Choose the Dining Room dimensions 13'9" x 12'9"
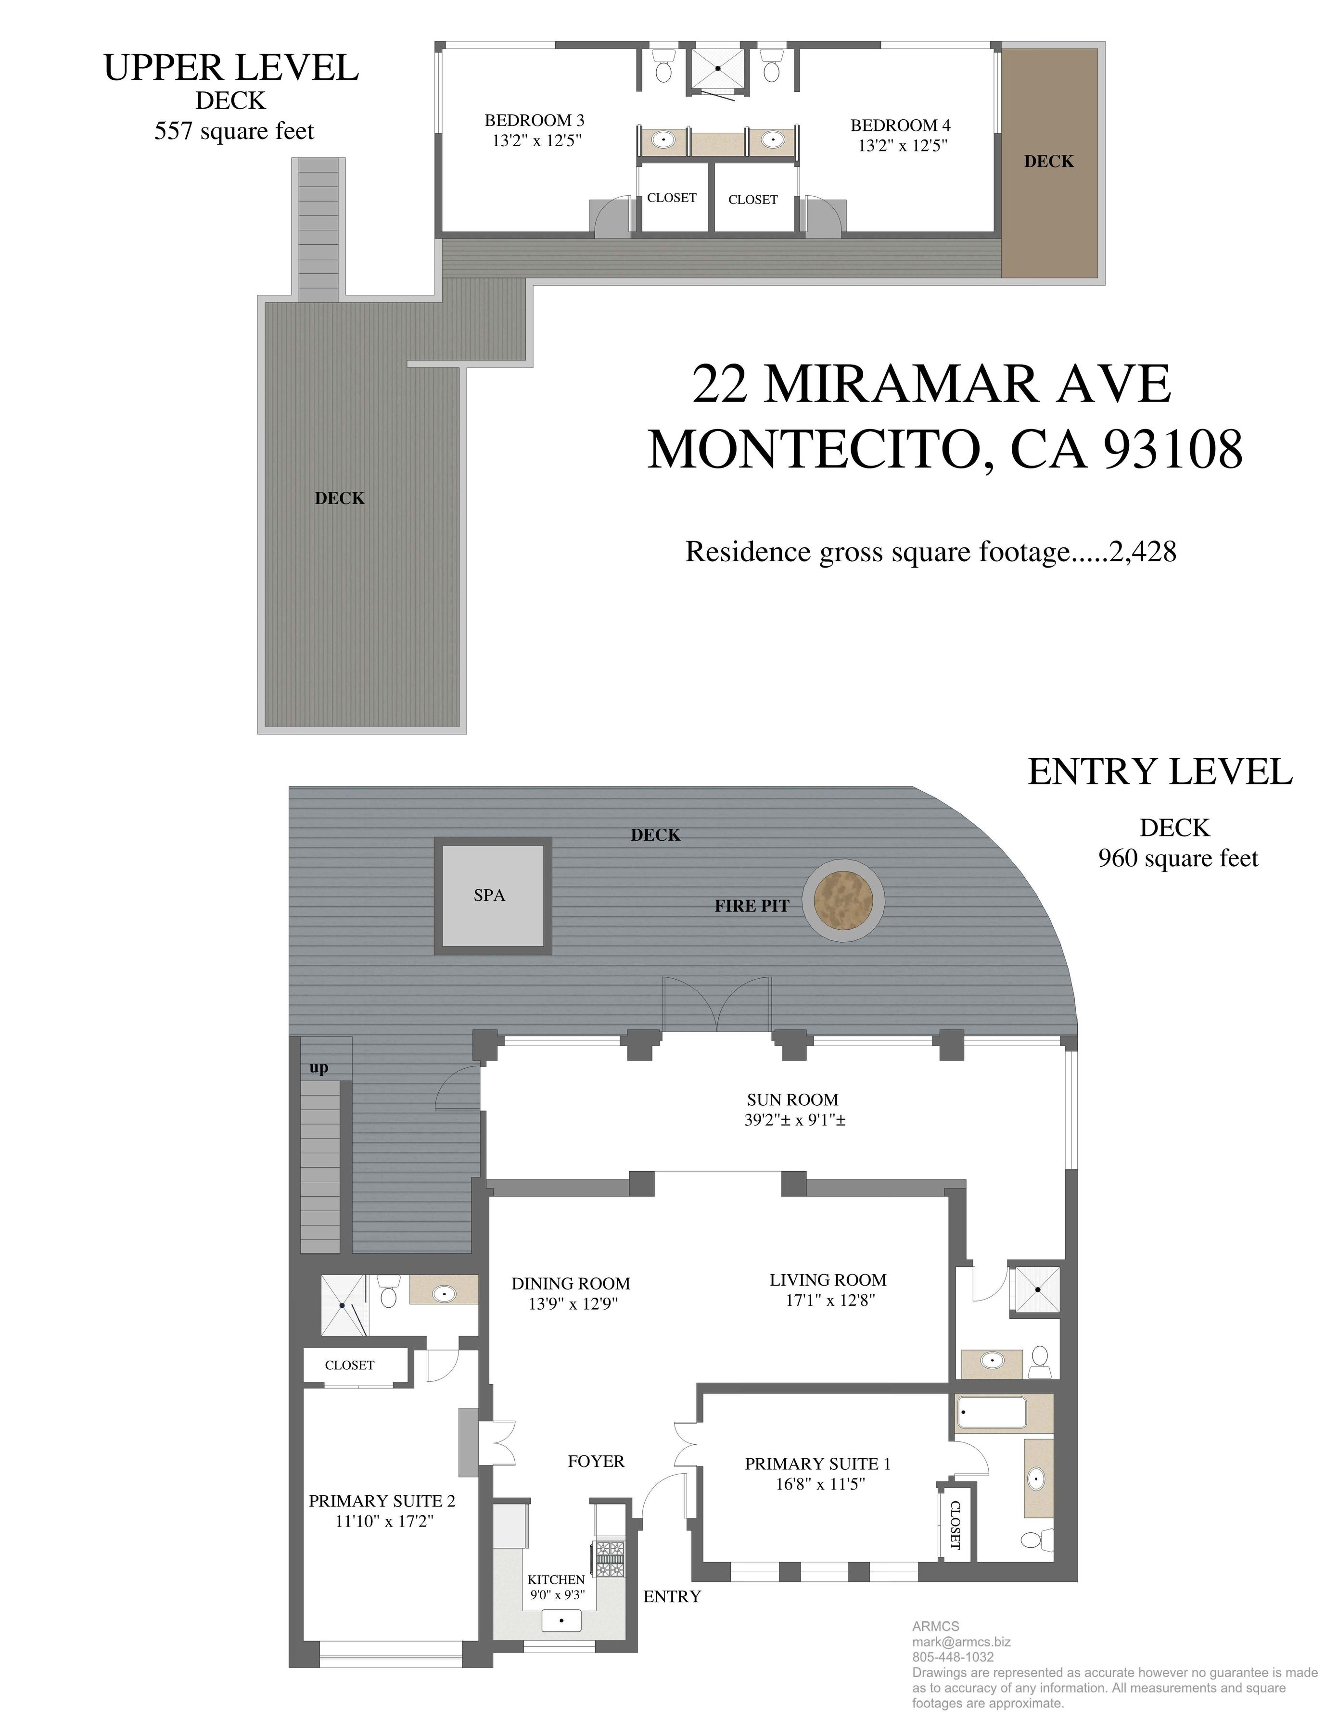[x=573, y=1304]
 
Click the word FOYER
[x=596, y=1461]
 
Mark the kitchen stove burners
[x=611, y=1559]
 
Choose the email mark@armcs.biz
[x=961, y=1642]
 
